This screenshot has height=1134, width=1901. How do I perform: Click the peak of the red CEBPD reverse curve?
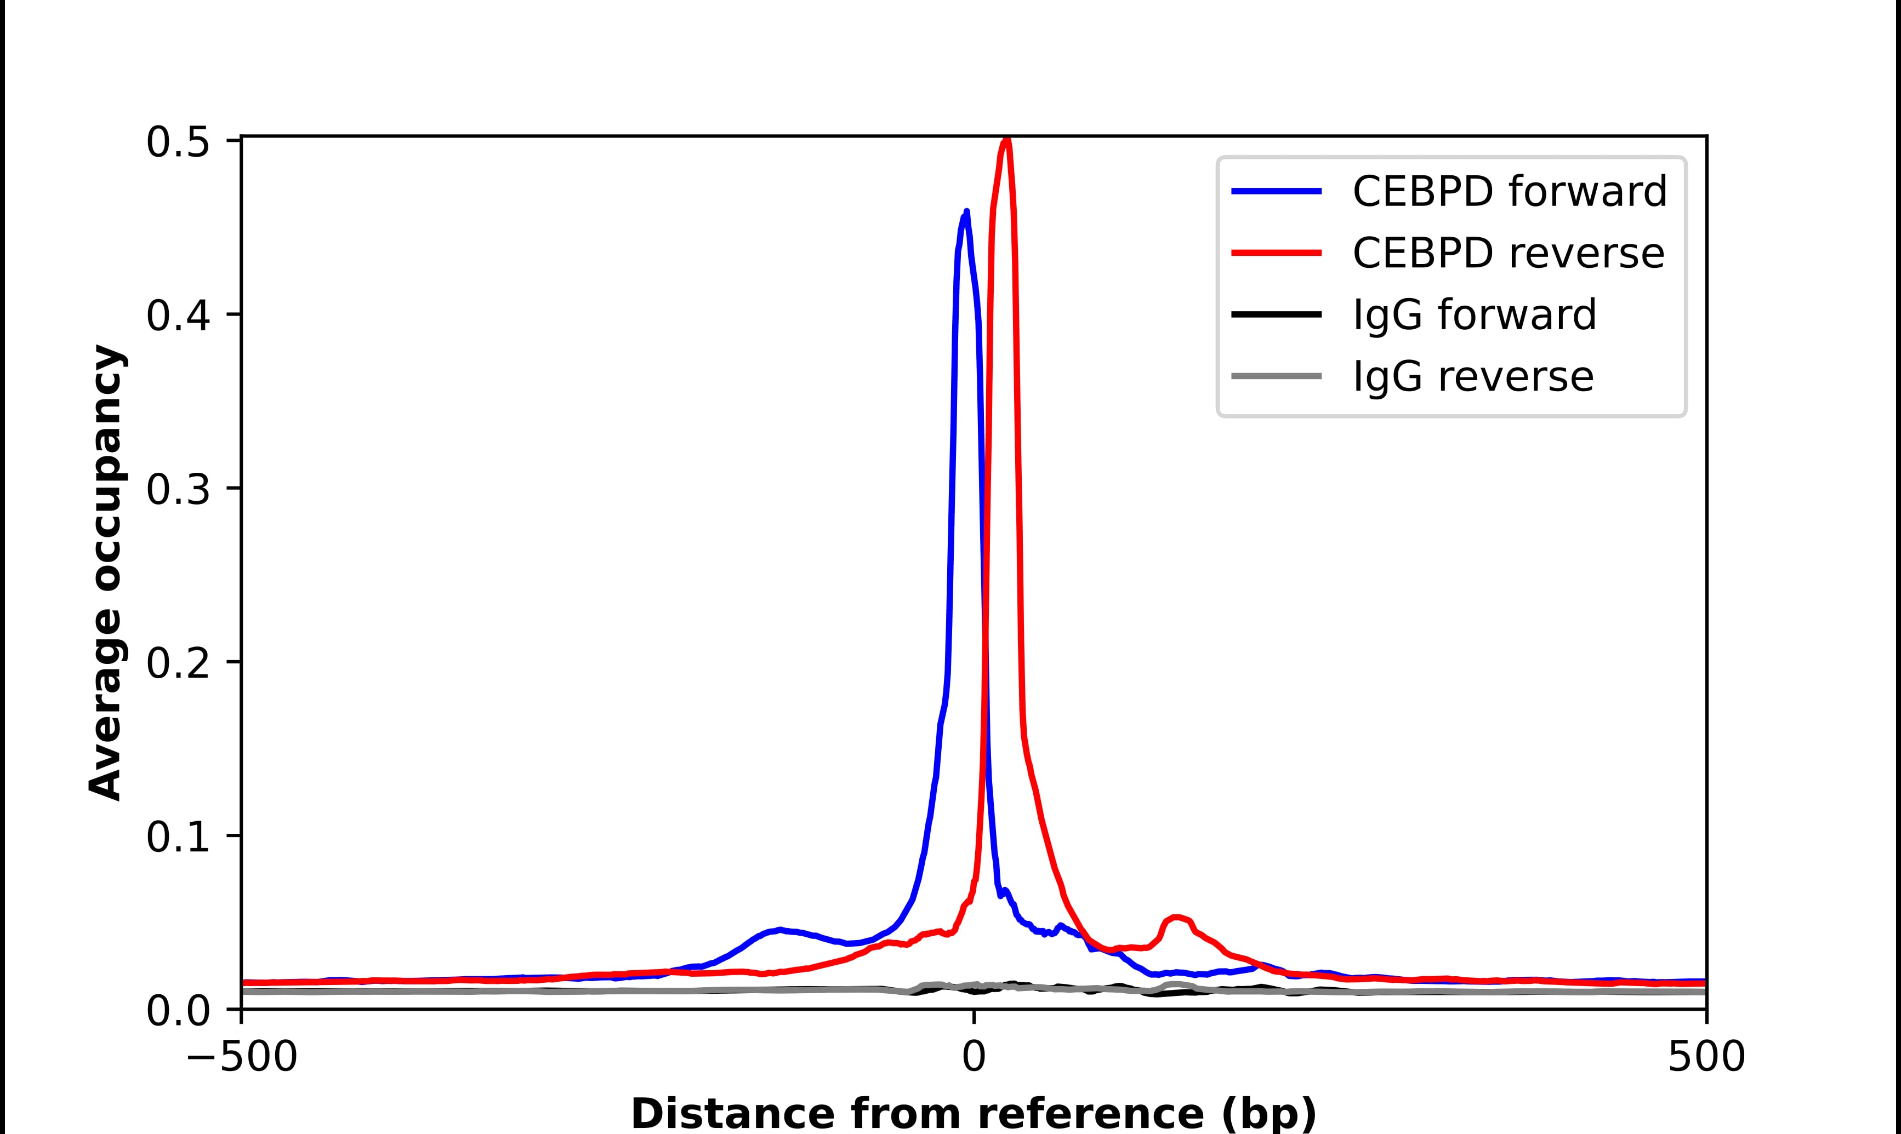tap(1006, 140)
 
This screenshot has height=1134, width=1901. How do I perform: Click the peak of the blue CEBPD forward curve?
tap(966, 211)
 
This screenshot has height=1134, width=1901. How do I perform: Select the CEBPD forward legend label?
tap(1510, 191)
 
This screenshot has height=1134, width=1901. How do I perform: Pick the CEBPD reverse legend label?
tap(1508, 253)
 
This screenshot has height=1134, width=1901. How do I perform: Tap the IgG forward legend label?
tap(1475, 315)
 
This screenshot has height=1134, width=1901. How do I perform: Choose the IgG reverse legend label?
tap(1473, 377)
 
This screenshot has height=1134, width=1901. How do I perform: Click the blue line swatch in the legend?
tap(1277, 191)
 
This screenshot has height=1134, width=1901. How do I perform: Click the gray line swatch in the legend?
tap(1277, 376)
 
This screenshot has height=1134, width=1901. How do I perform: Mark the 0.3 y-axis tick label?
tap(178, 489)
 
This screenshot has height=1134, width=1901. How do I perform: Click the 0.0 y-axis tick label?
tap(178, 1010)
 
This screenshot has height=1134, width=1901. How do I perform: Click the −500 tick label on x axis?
tap(242, 1058)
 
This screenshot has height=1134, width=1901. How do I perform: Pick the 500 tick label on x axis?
tap(1706, 1058)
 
